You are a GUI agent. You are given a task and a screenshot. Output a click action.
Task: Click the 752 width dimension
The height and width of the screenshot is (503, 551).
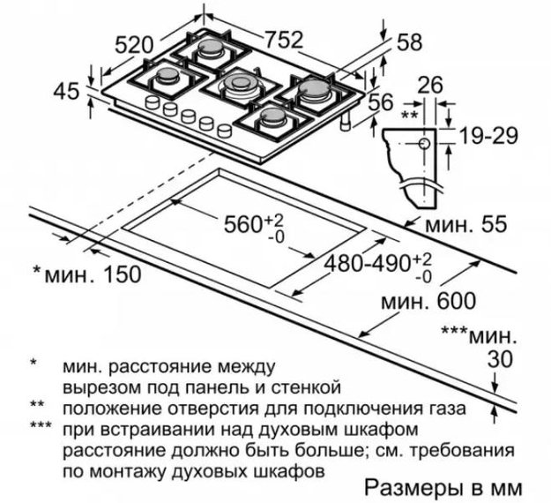[283, 40]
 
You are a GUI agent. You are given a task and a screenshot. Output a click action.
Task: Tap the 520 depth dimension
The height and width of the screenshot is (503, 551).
[135, 45]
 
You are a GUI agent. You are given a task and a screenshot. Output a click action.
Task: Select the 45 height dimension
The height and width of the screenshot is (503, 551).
[66, 92]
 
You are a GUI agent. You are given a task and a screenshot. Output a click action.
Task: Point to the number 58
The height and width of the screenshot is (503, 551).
[409, 42]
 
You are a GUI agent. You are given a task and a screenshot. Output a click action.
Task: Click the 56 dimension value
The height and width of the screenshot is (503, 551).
[380, 102]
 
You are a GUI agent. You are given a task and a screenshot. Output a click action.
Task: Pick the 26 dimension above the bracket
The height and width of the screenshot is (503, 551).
[429, 86]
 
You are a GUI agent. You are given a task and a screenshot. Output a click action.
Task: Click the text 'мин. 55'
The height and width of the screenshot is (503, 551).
[466, 224]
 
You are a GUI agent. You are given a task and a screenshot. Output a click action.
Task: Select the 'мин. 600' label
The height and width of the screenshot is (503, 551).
[428, 301]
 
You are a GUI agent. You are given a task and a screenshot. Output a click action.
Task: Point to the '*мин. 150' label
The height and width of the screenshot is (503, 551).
[86, 274]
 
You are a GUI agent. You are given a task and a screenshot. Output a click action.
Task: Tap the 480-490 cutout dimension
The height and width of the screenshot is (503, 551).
[368, 263]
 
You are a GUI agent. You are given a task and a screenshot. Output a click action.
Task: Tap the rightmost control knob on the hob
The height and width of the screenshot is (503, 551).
[225, 130]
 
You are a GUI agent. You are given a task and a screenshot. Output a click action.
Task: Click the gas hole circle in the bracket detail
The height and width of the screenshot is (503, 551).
[425, 144]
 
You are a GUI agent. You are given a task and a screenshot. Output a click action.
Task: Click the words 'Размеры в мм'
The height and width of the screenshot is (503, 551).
[443, 488]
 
